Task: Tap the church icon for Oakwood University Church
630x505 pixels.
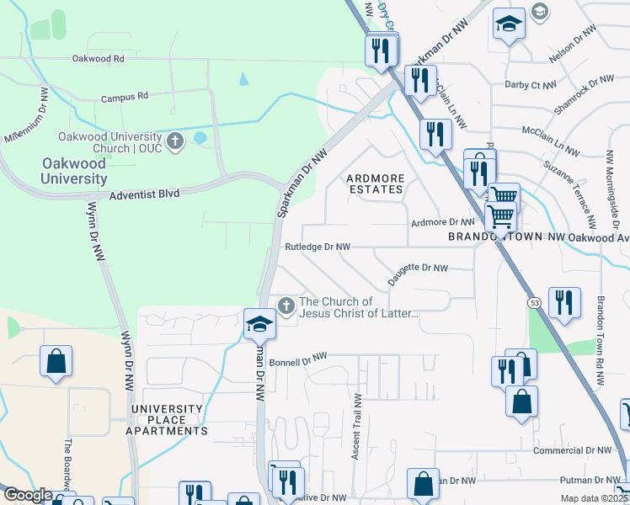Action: click(x=175, y=141)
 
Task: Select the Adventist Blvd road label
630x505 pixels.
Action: click(x=144, y=194)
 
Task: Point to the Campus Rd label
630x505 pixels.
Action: click(x=124, y=97)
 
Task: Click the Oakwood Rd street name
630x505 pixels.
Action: click(x=98, y=59)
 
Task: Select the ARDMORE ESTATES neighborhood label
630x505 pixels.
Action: click(x=376, y=183)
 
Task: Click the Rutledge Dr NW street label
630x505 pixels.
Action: click(x=317, y=247)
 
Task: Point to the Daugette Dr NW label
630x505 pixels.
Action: click(x=418, y=268)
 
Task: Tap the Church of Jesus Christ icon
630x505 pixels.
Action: click(x=286, y=306)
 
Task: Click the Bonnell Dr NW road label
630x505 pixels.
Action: click(x=297, y=357)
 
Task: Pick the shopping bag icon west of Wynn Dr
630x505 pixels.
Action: click(x=56, y=362)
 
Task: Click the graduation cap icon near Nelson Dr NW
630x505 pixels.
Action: click(x=509, y=23)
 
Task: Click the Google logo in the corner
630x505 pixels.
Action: click(x=28, y=495)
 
